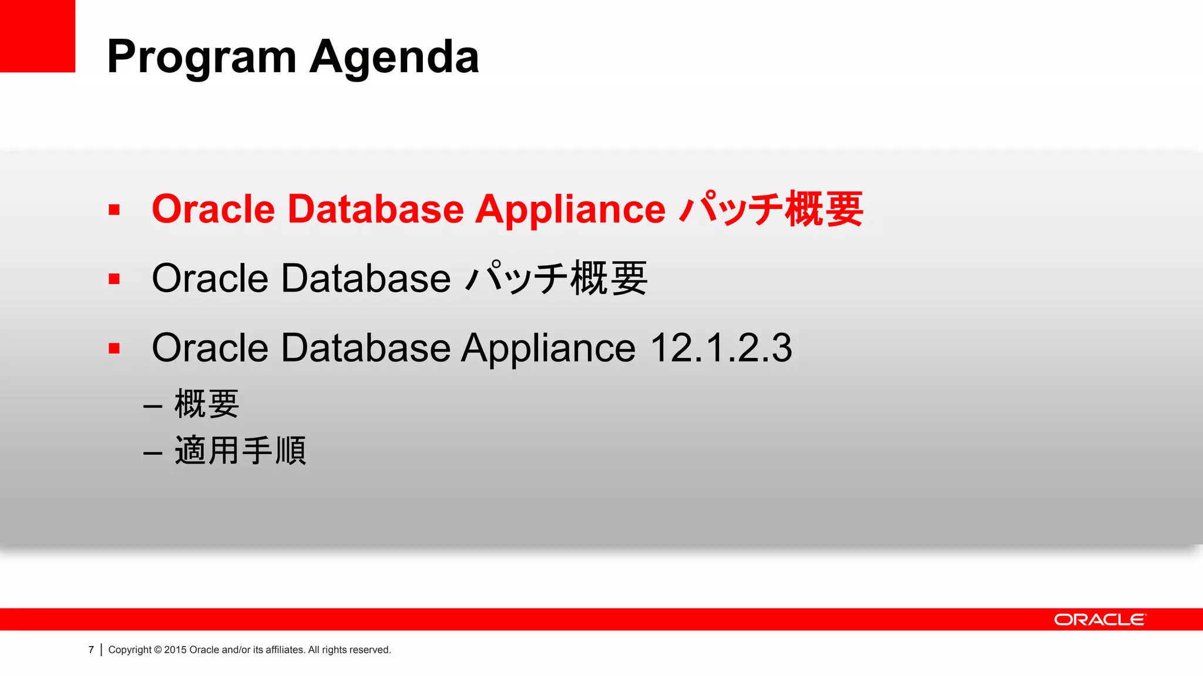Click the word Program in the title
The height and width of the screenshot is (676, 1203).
coord(201,58)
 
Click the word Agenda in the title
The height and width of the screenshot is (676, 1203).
coord(394,58)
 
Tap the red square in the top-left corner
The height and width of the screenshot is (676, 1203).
coord(37,36)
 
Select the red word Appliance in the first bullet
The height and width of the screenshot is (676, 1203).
coord(570,209)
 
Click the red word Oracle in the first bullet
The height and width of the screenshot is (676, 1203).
coord(213,209)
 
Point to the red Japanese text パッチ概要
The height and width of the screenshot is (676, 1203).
coord(771,209)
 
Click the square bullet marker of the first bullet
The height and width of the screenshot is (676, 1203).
coord(114,210)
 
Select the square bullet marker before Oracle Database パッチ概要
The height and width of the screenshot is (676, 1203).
coord(114,279)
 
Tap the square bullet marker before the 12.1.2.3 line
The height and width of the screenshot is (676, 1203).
coord(114,349)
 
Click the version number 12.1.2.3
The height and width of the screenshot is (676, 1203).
coord(721,348)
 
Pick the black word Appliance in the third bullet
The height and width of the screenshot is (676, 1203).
coord(548,348)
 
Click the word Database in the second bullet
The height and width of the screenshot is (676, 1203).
coord(365,279)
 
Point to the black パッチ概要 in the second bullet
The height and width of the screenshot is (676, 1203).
coord(556,279)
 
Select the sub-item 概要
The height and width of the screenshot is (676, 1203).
coord(207,404)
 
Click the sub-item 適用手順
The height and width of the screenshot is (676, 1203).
coord(240,451)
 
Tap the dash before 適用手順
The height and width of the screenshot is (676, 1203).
coord(153,453)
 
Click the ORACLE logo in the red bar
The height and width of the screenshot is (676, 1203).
coord(1100,620)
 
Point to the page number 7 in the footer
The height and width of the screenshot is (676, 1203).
coord(91,650)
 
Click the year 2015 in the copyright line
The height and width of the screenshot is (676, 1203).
coord(175,650)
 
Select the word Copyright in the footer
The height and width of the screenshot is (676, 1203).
coord(130,650)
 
